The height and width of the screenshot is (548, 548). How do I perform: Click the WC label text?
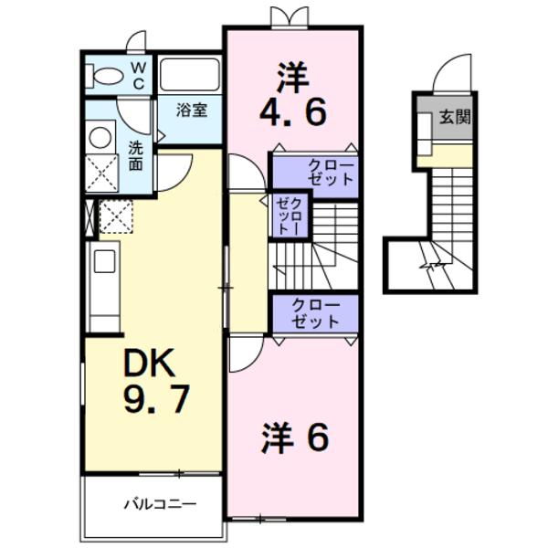(x=137, y=75)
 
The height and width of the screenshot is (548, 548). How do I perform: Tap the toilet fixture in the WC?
(x=103, y=77)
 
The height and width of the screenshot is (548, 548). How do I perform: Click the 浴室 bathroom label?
(x=192, y=111)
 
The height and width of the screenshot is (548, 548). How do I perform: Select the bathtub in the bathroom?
(x=190, y=75)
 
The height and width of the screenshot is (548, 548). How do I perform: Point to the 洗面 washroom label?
(x=135, y=155)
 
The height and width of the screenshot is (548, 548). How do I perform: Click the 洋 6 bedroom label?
(x=294, y=439)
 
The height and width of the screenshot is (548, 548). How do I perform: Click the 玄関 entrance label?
(x=453, y=117)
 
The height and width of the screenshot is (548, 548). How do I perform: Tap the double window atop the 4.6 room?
(x=284, y=17)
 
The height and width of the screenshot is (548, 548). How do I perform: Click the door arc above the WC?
(x=137, y=41)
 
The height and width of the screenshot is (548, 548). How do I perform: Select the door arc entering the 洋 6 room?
(x=245, y=356)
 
